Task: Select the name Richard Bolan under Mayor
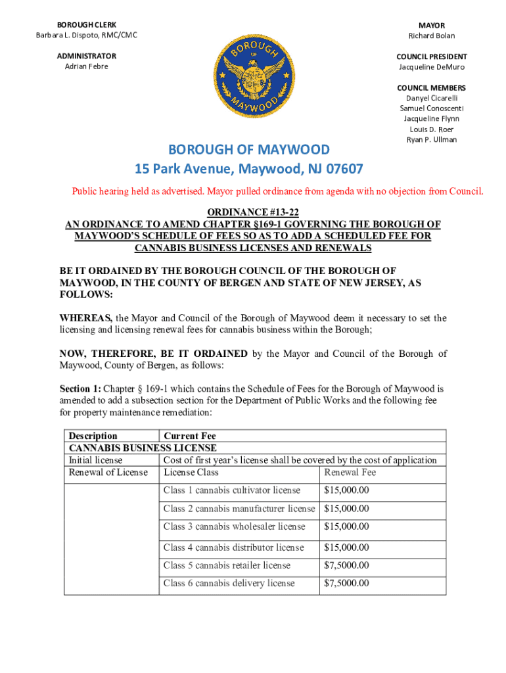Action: coord(431,35)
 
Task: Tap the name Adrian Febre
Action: coord(86,66)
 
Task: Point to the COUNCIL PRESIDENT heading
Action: coord(431,57)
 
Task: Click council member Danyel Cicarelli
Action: coord(431,98)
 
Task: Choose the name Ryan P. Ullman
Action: coord(431,139)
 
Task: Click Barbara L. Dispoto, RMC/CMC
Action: coord(86,35)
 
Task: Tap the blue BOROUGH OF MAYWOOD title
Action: coord(248,150)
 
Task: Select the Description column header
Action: coord(93,436)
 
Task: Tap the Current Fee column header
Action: coord(189,436)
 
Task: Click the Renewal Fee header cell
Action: coord(350,472)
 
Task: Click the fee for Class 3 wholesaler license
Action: coord(346,526)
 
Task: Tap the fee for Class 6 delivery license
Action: coord(346,583)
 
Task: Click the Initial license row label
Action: coord(95,460)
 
